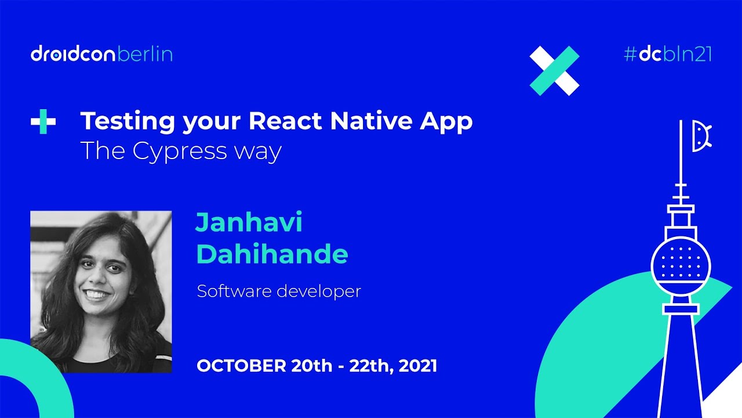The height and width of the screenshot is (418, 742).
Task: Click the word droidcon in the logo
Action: pyautogui.click(x=74, y=55)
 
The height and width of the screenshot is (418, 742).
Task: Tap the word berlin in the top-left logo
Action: pyautogui.click(x=145, y=55)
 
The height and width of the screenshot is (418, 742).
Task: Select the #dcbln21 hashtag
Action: pyautogui.click(x=668, y=55)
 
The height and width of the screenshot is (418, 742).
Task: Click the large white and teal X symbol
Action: pyautogui.click(x=554, y=70)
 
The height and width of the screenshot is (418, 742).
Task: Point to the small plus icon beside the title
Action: pyautogui.click(x=43, y=122)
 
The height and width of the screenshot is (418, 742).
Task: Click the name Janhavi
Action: pyautogui.click(x=249, y=223)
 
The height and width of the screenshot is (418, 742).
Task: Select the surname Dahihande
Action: pyautogui.click(x=272, y=254)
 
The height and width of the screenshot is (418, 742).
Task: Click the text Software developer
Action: pyautogui.click(x=279, y=291)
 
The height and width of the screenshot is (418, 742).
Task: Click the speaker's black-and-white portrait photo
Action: pyautogui.click(x=101, y=291)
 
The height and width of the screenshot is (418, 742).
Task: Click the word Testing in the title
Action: pyautogui.click(x=128, y=121)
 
